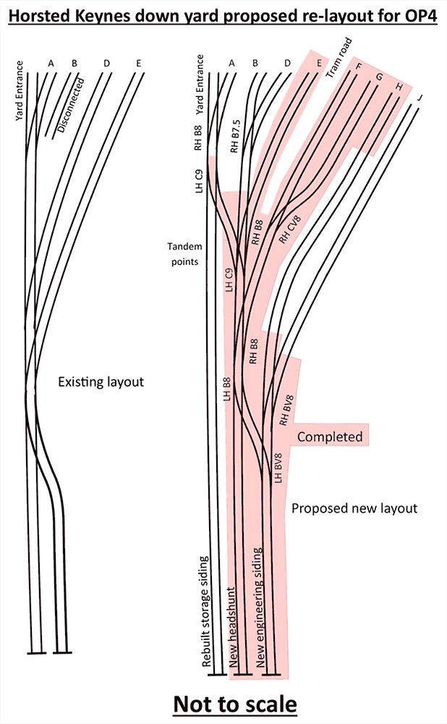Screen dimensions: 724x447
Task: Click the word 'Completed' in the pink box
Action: pyautogui.click(x=330, y=437)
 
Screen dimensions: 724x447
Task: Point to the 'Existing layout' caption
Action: pyautogui.click(x=101, y=381)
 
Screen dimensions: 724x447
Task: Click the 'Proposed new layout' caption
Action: pyautogui.click(x=354, y=508)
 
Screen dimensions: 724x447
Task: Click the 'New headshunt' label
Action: pyautogui.click(x=234, y=626)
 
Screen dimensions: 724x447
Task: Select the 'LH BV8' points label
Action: pyautogui.click(x=279, y=468)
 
